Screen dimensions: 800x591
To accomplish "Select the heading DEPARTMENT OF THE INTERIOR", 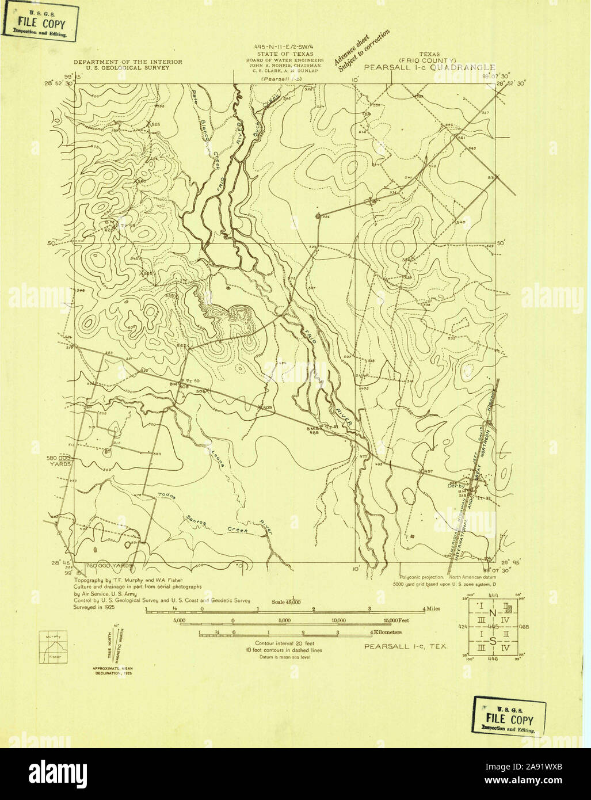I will click(127, 62).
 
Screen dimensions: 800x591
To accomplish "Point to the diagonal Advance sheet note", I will click(361, 51).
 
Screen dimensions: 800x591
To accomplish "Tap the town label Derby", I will click(455, 485).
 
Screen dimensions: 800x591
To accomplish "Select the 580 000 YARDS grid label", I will click(59, 460).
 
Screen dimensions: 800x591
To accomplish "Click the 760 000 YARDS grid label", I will click(109, 565).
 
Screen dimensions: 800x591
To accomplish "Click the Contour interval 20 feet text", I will click(285, 643).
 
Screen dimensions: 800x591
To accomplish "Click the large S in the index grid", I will click(492, 641).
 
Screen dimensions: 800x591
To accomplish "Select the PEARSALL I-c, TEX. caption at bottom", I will click(406, 646).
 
